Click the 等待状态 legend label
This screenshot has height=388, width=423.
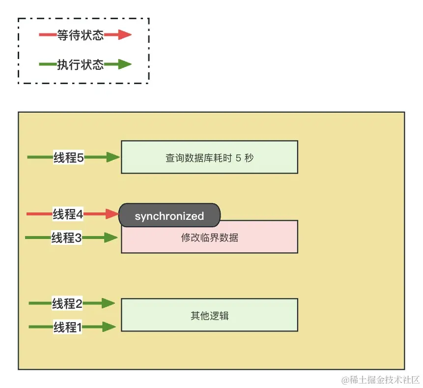pos(80,35)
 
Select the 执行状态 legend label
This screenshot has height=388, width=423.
pos(80,64)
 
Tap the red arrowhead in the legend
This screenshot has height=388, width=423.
pos(124,35)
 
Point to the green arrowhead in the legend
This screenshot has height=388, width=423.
pos(124,64)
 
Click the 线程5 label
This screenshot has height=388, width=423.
pos(69,157)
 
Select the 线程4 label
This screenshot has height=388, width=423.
pos(68,214)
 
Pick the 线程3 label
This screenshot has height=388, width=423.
pos(66,238)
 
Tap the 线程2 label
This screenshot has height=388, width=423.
pos(67,303)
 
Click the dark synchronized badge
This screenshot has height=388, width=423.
pos(169,216)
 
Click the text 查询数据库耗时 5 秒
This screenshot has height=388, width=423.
pos(209,158)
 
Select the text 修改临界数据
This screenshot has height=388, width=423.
pos(209,238)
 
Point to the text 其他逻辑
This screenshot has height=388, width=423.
pos(209,316)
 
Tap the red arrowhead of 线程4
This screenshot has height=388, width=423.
pos(113,214)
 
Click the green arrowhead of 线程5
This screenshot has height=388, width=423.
pos(113,157)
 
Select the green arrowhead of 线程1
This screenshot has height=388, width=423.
pos(109,327)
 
